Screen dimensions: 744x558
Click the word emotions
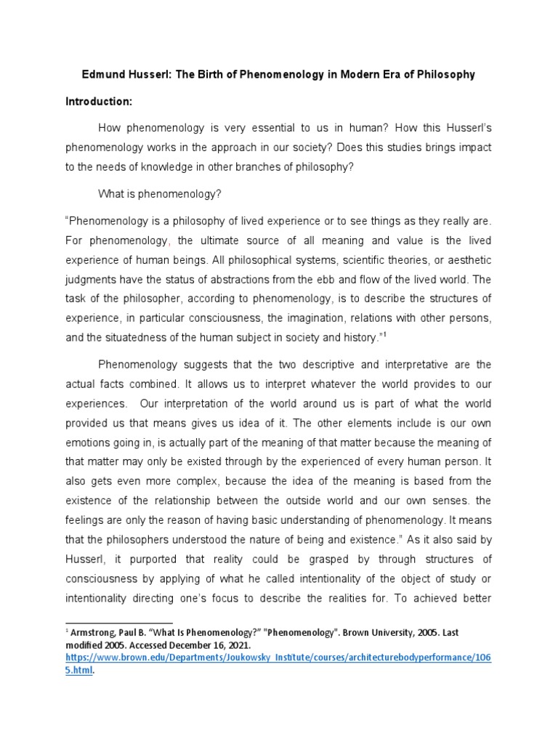coord(89,442)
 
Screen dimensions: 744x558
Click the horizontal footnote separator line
coord(119,623)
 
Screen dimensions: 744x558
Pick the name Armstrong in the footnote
coord(95,633)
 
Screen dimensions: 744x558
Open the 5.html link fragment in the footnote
coord(79,671)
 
